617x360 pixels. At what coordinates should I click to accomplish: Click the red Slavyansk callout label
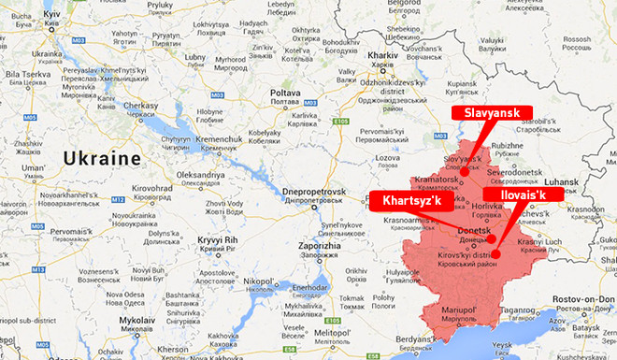[x=492, y=112]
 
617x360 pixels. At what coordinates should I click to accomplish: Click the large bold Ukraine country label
[x=102, y=157]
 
